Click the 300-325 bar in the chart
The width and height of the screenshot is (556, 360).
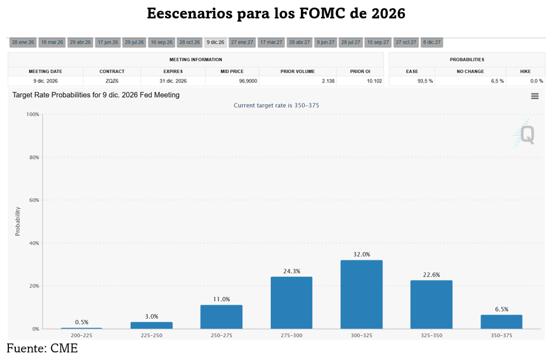[361, 294]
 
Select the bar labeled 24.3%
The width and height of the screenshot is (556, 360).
[291, 302]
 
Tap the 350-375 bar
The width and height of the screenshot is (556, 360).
[501, 321]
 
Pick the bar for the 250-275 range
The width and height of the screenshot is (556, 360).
[222, 316]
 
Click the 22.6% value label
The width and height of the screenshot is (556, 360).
[432, 275]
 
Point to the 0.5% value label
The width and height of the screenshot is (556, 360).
[81, 322]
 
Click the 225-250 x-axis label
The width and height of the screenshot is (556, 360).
[151, 335]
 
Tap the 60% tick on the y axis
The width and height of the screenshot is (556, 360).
[32, 200]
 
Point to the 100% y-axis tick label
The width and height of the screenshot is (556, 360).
[32, 114]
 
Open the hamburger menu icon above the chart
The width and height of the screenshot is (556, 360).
[535, 96]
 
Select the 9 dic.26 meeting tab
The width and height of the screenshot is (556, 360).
[215, 43]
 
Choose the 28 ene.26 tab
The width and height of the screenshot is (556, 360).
[23, 43]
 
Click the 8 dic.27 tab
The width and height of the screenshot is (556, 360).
[432, 43]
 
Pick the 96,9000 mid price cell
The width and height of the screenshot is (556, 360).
[232, 81]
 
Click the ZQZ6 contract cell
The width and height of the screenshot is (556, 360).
[112, 81]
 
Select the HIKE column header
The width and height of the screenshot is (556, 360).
[526, 72]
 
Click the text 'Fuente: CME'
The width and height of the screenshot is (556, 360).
[42, 349]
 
